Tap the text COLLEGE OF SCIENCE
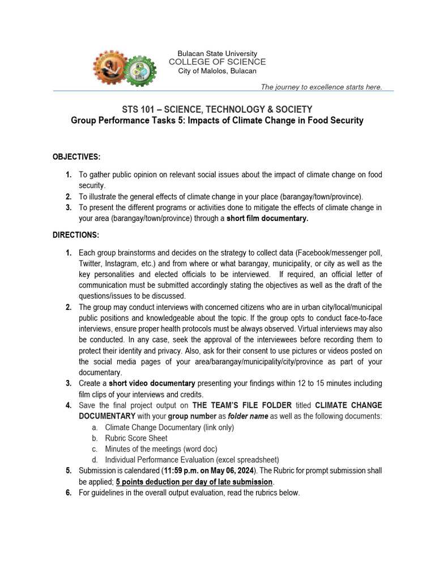click(x=217, y=62)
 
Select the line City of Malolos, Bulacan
click(x=217, y=71)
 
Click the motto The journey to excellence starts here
click(x=321, y=87)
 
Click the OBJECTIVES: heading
click(x=76, y=156)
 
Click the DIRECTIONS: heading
click(x=76, y=234)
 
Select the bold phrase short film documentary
click(x=267, y=219)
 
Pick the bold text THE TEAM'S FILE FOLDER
click(x=242, y=405)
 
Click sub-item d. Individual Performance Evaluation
click(x=192, y=459)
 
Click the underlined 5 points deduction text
click(x=194, y=481)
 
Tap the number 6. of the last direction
click(x=68, y=492)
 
